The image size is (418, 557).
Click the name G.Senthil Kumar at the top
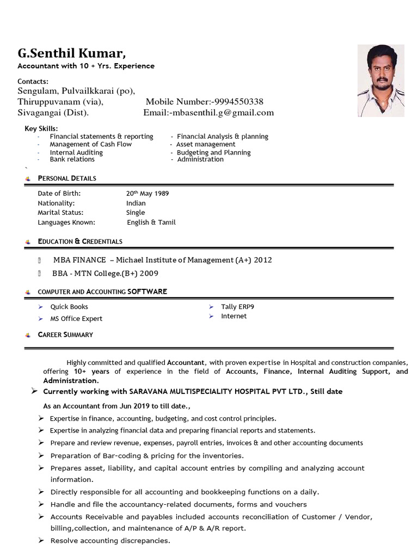(71, 53)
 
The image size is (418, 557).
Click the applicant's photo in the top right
(380, 81)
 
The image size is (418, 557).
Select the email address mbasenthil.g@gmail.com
(222, 113)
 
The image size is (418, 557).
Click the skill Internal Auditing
(76, 153)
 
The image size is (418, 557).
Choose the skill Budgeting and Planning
(214, 153)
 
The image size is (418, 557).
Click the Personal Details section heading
(67, 178)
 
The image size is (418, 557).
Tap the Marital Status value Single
(136, 213)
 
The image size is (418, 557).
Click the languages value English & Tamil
(151, 222)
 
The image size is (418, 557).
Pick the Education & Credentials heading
(80, 242)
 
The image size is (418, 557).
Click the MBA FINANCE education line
(162, 260)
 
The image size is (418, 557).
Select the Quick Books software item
(69, 307)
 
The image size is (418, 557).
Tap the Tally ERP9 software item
(237, 307)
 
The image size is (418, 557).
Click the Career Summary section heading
(65, 335)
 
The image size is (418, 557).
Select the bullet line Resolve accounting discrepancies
(110, 541)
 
